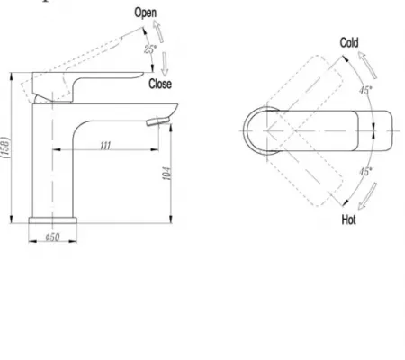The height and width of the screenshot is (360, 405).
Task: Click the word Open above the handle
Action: (146, 13)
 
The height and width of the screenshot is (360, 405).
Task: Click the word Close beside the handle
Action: (160, 84)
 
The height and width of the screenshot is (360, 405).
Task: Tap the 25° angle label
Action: (150, 49)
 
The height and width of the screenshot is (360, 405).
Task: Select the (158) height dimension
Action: (6, 148)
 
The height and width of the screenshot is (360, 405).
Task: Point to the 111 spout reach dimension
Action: (105, 146)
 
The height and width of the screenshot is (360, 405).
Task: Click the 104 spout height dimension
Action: (167, 174)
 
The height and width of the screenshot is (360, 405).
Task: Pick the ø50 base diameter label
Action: (52, 238)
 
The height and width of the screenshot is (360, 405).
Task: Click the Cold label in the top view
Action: (349, 42)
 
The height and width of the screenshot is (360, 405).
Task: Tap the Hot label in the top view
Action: (348, 220)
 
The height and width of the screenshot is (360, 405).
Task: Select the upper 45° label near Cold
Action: (365, 90)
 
